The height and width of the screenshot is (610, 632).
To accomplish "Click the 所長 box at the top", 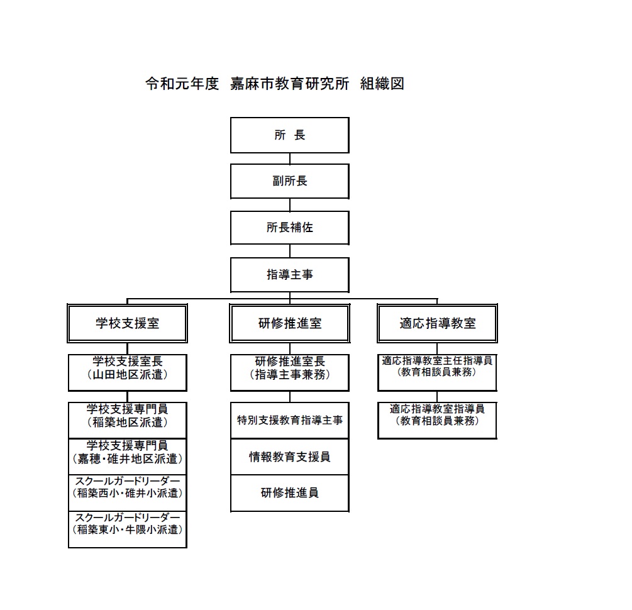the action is [x=289, y=135].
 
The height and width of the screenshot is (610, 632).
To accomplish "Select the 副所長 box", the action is [x=289, y=181].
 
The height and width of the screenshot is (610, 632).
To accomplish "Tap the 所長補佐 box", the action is [x=289, y=228].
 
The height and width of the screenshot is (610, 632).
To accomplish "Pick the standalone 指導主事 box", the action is [x=289, y=275].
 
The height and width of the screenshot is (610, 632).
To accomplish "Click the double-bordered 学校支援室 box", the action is [x=128, y=323].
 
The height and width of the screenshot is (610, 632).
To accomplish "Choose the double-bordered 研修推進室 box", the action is [x=289, y=323].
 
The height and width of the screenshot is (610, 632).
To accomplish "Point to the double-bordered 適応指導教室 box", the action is [x=437, y=323].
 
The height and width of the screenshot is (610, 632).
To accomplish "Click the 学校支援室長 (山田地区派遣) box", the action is [x=128, y=372].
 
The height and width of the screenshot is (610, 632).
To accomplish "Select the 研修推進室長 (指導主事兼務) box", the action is [x=289, y=372].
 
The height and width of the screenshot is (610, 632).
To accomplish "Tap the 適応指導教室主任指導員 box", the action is [x=437, y=372].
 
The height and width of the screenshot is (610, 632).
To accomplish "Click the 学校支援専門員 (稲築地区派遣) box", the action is [x=128, y=420].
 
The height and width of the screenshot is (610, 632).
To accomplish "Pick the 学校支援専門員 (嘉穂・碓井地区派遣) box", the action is [x=128, y=457].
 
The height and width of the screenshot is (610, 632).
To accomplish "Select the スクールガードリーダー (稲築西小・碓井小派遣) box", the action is [x=128, y=492].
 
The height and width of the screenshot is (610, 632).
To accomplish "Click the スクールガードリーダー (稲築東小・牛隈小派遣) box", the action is [x=128, y=530].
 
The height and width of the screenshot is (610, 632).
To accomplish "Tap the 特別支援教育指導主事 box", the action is [x=289, y=420].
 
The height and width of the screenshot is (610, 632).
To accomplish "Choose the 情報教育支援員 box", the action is [x=289, y=457].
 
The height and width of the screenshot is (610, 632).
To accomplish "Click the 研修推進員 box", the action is [x=289, y=493].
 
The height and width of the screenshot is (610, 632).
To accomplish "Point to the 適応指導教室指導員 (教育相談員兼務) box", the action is [x=437, y=420].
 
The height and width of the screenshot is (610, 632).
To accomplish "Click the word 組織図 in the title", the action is [x=382, y=84].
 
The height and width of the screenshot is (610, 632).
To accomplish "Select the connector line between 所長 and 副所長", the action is [x=290, y=158].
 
